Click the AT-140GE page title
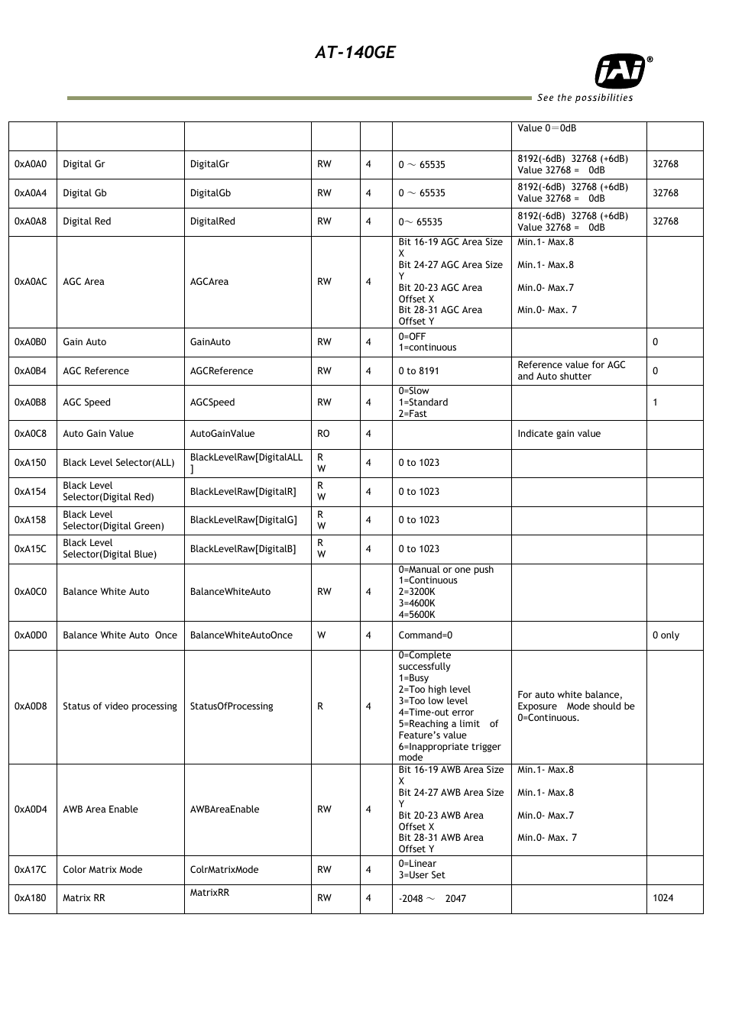(355, 53)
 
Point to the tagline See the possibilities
(585, 98)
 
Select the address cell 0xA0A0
(31, 164)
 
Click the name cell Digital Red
(87, 221)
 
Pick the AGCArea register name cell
(209, 282)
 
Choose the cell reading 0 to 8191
(419, 371)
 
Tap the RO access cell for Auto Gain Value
(324, 434)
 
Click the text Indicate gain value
(559, 434)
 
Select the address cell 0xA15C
(31, 549)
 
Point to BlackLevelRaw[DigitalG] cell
(243, 520)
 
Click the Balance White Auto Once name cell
(120, 635)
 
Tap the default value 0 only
(666, 635)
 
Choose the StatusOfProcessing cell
(232, 706)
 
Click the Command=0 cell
(426, 635)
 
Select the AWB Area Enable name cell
(101, 810)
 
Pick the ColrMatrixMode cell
(225, 870)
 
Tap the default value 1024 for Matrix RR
(663, 898)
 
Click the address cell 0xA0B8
(31, 402)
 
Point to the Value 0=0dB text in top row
(547, 128)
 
